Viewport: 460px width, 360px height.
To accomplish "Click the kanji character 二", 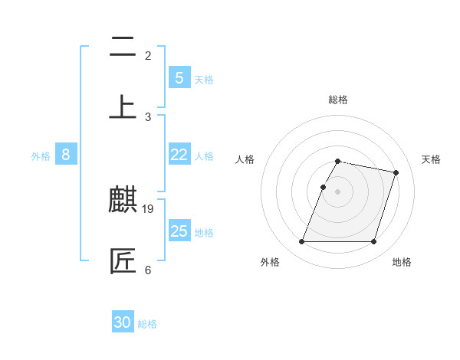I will [123, 47].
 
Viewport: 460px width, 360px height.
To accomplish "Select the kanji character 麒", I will [123, 201].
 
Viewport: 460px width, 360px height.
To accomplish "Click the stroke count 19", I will [149, 208].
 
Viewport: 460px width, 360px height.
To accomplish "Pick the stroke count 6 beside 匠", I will [148, 270].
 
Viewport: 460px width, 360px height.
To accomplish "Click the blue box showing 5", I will [179, 78].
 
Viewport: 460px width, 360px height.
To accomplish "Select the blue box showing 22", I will [179, 155].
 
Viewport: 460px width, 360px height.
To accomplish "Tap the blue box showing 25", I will [179, 231].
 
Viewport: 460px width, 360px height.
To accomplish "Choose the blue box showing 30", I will [123, 322].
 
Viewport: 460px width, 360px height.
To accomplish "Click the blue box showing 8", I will [66, 155].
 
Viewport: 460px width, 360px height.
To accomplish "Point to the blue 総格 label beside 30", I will [147, 324].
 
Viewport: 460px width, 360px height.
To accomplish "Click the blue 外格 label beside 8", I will [41, 156].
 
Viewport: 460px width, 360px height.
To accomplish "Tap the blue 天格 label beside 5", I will [204, 80].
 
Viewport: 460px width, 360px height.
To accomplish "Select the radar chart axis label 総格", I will [337, 100].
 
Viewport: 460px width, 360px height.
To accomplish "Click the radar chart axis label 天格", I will [431, 159].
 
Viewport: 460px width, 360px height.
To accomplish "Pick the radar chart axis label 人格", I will [245, 159].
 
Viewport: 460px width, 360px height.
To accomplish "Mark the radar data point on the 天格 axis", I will [396, 173].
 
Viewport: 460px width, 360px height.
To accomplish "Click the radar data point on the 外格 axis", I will [302, 242].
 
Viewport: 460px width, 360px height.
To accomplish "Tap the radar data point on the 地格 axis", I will [373, 242].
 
